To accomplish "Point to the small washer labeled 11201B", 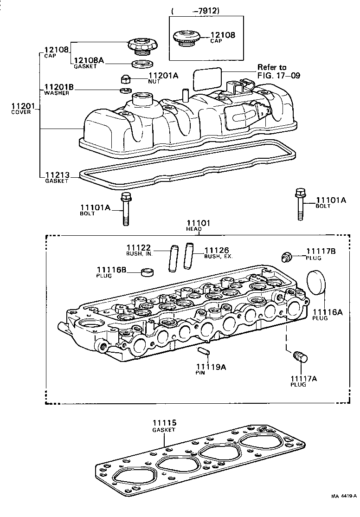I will click(x=125, y=90).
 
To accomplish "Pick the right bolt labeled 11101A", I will click(x=300, y=205).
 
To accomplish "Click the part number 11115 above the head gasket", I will click(x=164, y=423).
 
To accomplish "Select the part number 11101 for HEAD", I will click(x=198, y=223).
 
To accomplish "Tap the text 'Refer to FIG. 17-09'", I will click(x=272, y=71).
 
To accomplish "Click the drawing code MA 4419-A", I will click(x=343, y=509).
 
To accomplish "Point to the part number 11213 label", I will click(x=57, y=175).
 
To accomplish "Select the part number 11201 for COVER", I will click(x=21, y=106).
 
